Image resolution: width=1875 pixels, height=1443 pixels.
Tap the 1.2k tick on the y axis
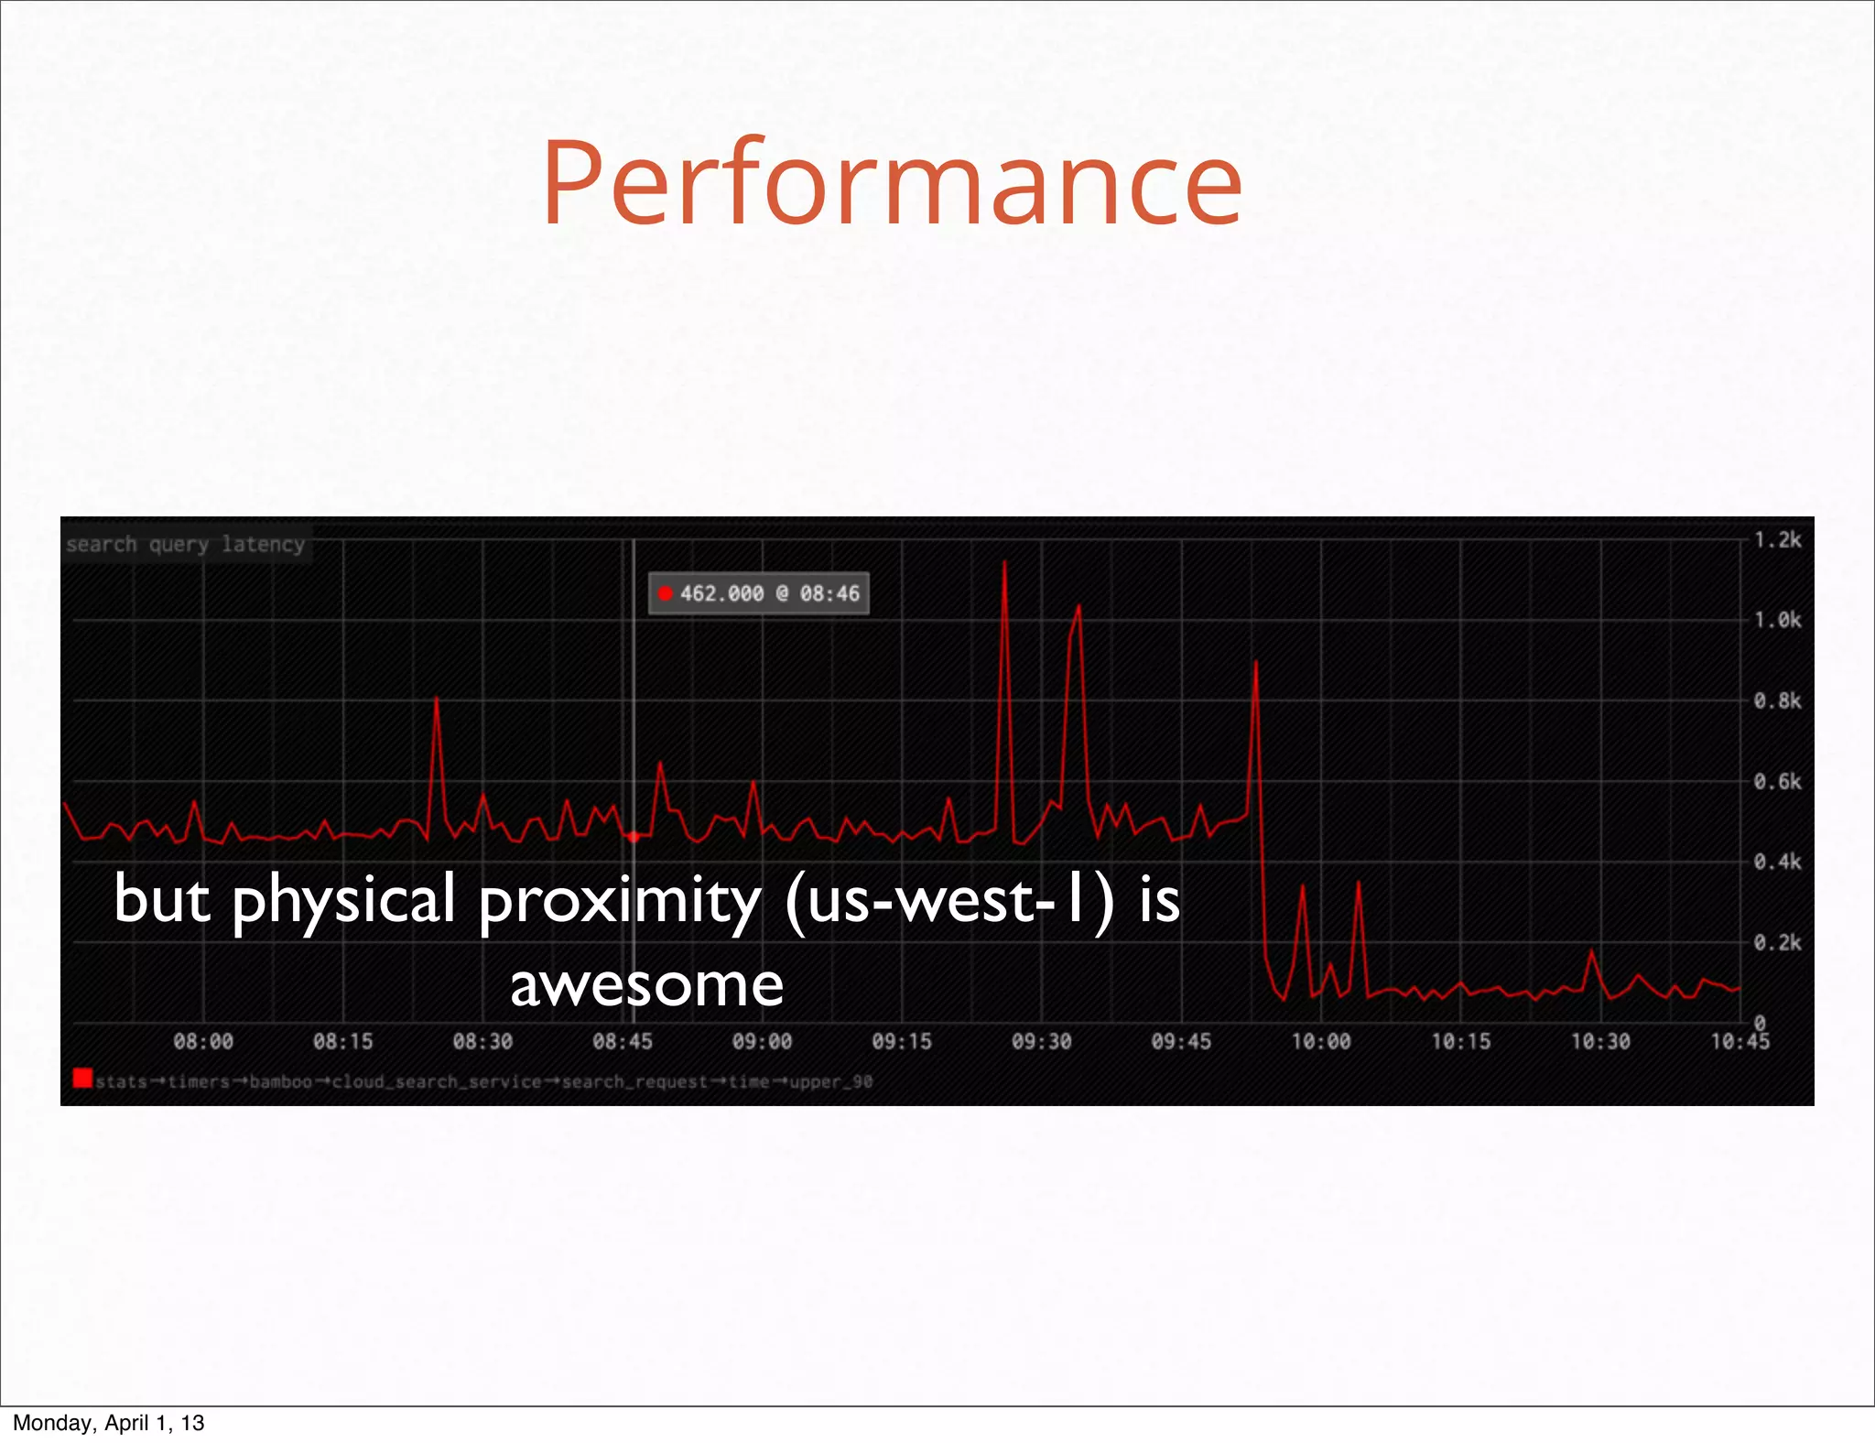coord(1776,540)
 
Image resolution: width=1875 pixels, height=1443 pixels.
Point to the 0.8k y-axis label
coord(1776,701)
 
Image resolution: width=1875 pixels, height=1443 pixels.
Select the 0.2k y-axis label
coord(1776,943)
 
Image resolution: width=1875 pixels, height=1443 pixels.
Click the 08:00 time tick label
coord(203,1041)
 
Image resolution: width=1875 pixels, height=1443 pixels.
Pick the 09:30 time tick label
coord(1041,1041)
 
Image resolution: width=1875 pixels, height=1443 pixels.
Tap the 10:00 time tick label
coord(1320,1041)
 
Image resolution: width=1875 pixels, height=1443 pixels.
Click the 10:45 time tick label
coord(1740,1041)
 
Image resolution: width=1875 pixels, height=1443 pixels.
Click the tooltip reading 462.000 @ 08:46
coord(759,593)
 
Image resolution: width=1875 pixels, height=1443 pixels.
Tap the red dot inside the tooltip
coord(666,593)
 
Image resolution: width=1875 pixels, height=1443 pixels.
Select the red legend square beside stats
coord(82,1079)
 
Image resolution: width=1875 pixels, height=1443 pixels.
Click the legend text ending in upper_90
coord(483,1081)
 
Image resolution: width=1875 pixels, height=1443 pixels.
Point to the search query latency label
coord(185,544)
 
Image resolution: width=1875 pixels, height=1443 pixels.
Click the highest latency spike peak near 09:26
coord(1004,561)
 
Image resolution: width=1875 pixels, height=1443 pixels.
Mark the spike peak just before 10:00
coord(1255,661)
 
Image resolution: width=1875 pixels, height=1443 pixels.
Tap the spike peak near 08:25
coord(436,698)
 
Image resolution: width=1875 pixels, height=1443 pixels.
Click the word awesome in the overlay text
coord(646,985)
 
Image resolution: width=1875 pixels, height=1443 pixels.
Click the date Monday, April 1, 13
coord(108,1423)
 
